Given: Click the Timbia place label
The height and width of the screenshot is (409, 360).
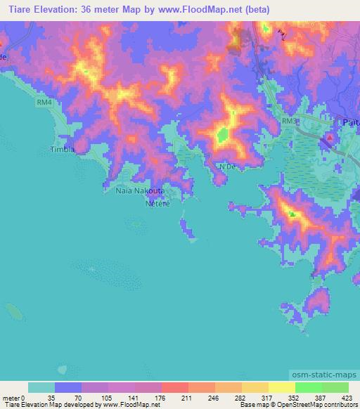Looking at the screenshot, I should pyautogui.click(x=62, y=149).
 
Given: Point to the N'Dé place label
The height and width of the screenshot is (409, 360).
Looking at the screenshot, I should pyautogui.click(x=226, y=167).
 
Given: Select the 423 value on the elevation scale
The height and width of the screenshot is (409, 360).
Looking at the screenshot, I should pyautogui.click(x=347, y=397).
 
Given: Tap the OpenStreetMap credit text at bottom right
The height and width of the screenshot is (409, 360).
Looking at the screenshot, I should pyautogui.click(x=318, y=405).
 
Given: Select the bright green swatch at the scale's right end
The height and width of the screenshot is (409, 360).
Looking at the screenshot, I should pyautogui.click(x=335, y=387).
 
